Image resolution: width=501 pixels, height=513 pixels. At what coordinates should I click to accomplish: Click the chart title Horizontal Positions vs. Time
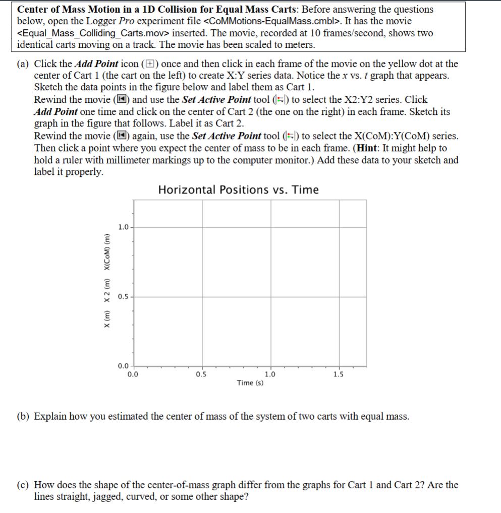[238, 190]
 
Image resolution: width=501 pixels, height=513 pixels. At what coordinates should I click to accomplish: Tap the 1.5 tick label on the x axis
[339, 374]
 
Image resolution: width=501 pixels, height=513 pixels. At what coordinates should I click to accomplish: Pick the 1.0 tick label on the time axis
[270, 374]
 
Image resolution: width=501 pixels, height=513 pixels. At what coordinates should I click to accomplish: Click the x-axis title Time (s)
[250, 383]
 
